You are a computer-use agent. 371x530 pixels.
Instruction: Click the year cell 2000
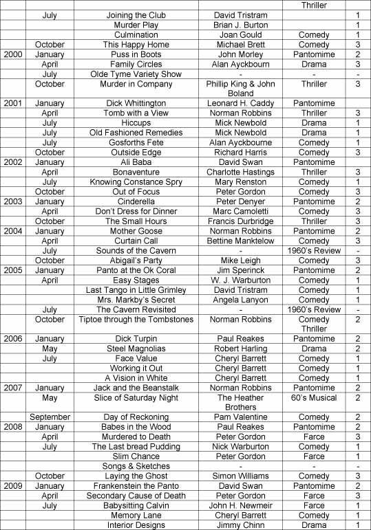[x=13, y=54]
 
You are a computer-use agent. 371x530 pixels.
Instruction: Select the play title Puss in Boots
[x=136, y=54]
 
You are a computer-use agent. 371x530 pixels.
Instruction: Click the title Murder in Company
[x=136, y=84]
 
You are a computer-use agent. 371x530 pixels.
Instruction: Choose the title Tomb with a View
[x=136, y=113]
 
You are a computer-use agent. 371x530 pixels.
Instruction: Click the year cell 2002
[x=13, y=162]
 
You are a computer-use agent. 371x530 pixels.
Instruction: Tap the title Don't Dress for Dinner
[x=136, y=212]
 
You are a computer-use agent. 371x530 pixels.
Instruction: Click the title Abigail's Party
[x=136, y=261]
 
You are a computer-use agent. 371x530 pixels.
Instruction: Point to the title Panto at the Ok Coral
[x=136, y=270]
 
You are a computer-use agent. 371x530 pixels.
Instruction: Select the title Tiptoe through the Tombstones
[x=136, y=320]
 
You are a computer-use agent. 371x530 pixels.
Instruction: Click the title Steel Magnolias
[x=136, y=349]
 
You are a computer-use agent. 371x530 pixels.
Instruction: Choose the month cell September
[x=50, y=417]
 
